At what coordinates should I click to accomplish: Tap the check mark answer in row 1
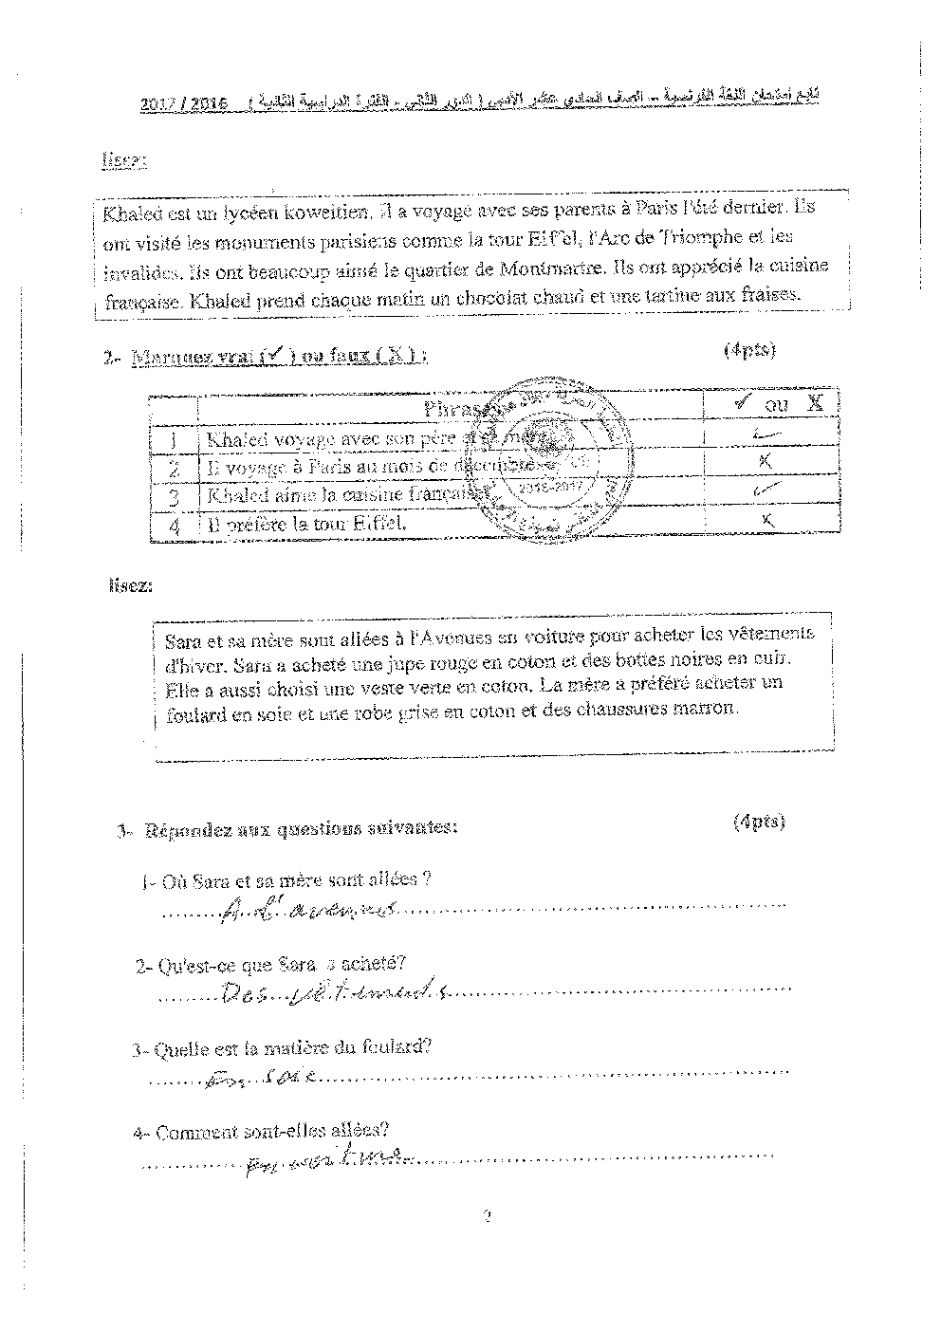(x=770, y=436)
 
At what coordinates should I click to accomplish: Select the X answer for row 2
(x=766, y=461)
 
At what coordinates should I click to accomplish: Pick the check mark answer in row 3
(x=766, y=490)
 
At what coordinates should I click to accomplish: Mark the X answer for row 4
(x=768, y=519)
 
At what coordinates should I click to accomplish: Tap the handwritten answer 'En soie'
(x=261, y=1077)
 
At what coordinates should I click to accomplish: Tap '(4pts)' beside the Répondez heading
(x=759, y=822)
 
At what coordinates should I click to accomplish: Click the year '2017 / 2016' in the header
(x=184, y=103)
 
